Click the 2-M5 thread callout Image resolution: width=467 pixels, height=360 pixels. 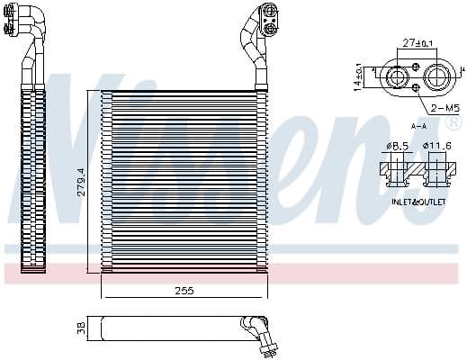440,109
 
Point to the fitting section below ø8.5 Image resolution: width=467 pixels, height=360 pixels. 397,170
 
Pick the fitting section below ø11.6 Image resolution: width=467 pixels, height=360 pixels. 436,170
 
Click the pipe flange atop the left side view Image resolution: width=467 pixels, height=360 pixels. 19,22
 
